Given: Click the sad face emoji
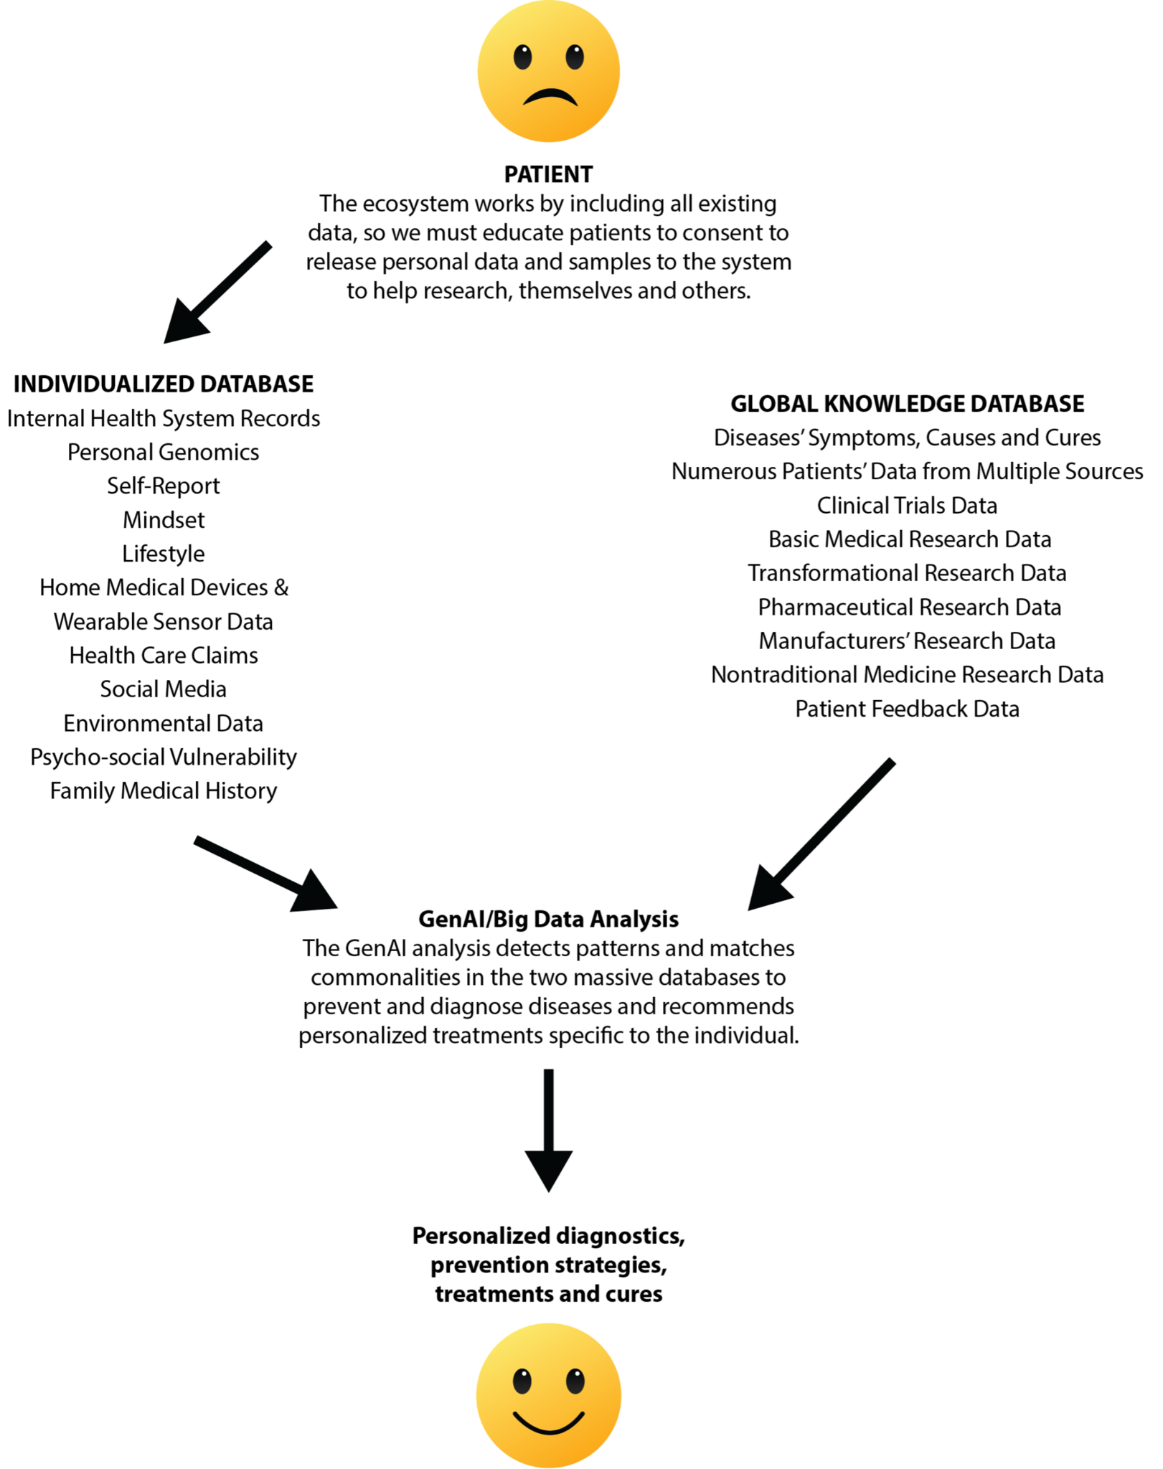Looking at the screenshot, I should pyautogui.click(x=549, y=72).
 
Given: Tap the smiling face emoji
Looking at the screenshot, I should pyautogui.click(x=549, y=1394).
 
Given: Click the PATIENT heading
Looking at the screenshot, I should pyautogui.click(x=549, y=174).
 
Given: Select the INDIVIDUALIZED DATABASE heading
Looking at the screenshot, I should pyautogui.click(x=164, y=384).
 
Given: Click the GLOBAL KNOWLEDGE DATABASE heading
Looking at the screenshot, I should pyautogui.click(x=907, y=404).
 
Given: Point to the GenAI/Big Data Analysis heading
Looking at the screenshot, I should pyautogui.click(x=549, y=919).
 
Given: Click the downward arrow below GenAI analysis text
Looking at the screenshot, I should pyautogui.click(x=549, y=1130).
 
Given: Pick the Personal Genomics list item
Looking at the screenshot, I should pyautogui.click(x=164, y=452).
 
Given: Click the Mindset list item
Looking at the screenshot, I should pyautogui.click(x=164, y=520).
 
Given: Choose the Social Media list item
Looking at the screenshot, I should pyautogui.click(x=164, y=689).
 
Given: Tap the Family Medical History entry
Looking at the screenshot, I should pyautogui.click(x=164, y=790).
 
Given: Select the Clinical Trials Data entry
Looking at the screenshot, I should pyautogui.click(x=907, y=506).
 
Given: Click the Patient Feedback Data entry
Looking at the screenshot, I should pyautogui.click(x=907, y=709).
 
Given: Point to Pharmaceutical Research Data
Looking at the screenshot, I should pyautogui.click(x=909, y=608).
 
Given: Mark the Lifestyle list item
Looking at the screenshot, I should pyautogui.click(x=164, y=554).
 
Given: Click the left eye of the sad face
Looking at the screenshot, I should pyautogui.click(x=523, y=57).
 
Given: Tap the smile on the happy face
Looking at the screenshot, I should pyautogui.click(x=549, y=1423).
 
